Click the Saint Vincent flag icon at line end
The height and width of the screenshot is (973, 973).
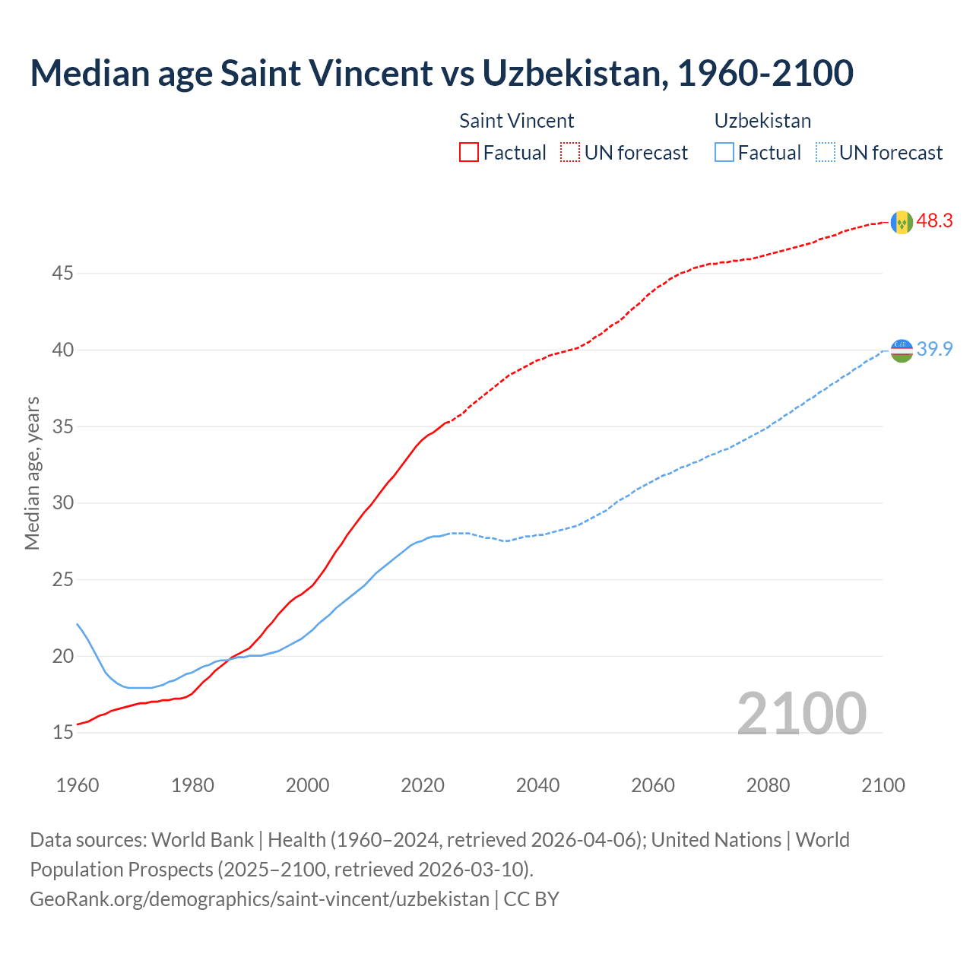click(902, 222)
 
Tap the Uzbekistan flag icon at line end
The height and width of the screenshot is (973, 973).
click(902, 350)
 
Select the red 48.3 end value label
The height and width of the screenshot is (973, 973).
click(934, 221)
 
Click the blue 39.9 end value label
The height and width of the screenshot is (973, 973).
click(934, 350)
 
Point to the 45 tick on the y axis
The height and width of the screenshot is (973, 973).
click(62, 273)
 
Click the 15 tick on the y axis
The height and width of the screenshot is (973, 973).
click(62, 733)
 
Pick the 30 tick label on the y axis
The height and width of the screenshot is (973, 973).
click(62, 503)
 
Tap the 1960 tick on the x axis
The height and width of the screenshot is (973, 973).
click(78, 785)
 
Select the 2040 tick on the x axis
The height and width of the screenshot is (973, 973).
click(537, 785)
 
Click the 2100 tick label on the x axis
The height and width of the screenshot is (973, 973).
click(883, 785)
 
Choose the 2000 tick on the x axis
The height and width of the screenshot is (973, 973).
click(307, 785)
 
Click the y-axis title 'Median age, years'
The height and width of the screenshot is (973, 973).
click(32, 473)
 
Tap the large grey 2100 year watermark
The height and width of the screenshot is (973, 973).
click(801, 713)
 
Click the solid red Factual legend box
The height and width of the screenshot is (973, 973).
click(469, 153)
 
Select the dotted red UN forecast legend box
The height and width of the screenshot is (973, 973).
click(570, 153)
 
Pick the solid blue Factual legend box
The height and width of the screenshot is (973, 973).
click(724, 153)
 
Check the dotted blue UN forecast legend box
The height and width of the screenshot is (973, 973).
click(825, 153)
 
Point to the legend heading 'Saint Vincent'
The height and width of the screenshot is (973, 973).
click(516, 121)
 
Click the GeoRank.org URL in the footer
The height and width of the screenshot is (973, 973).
click(259, 899)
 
